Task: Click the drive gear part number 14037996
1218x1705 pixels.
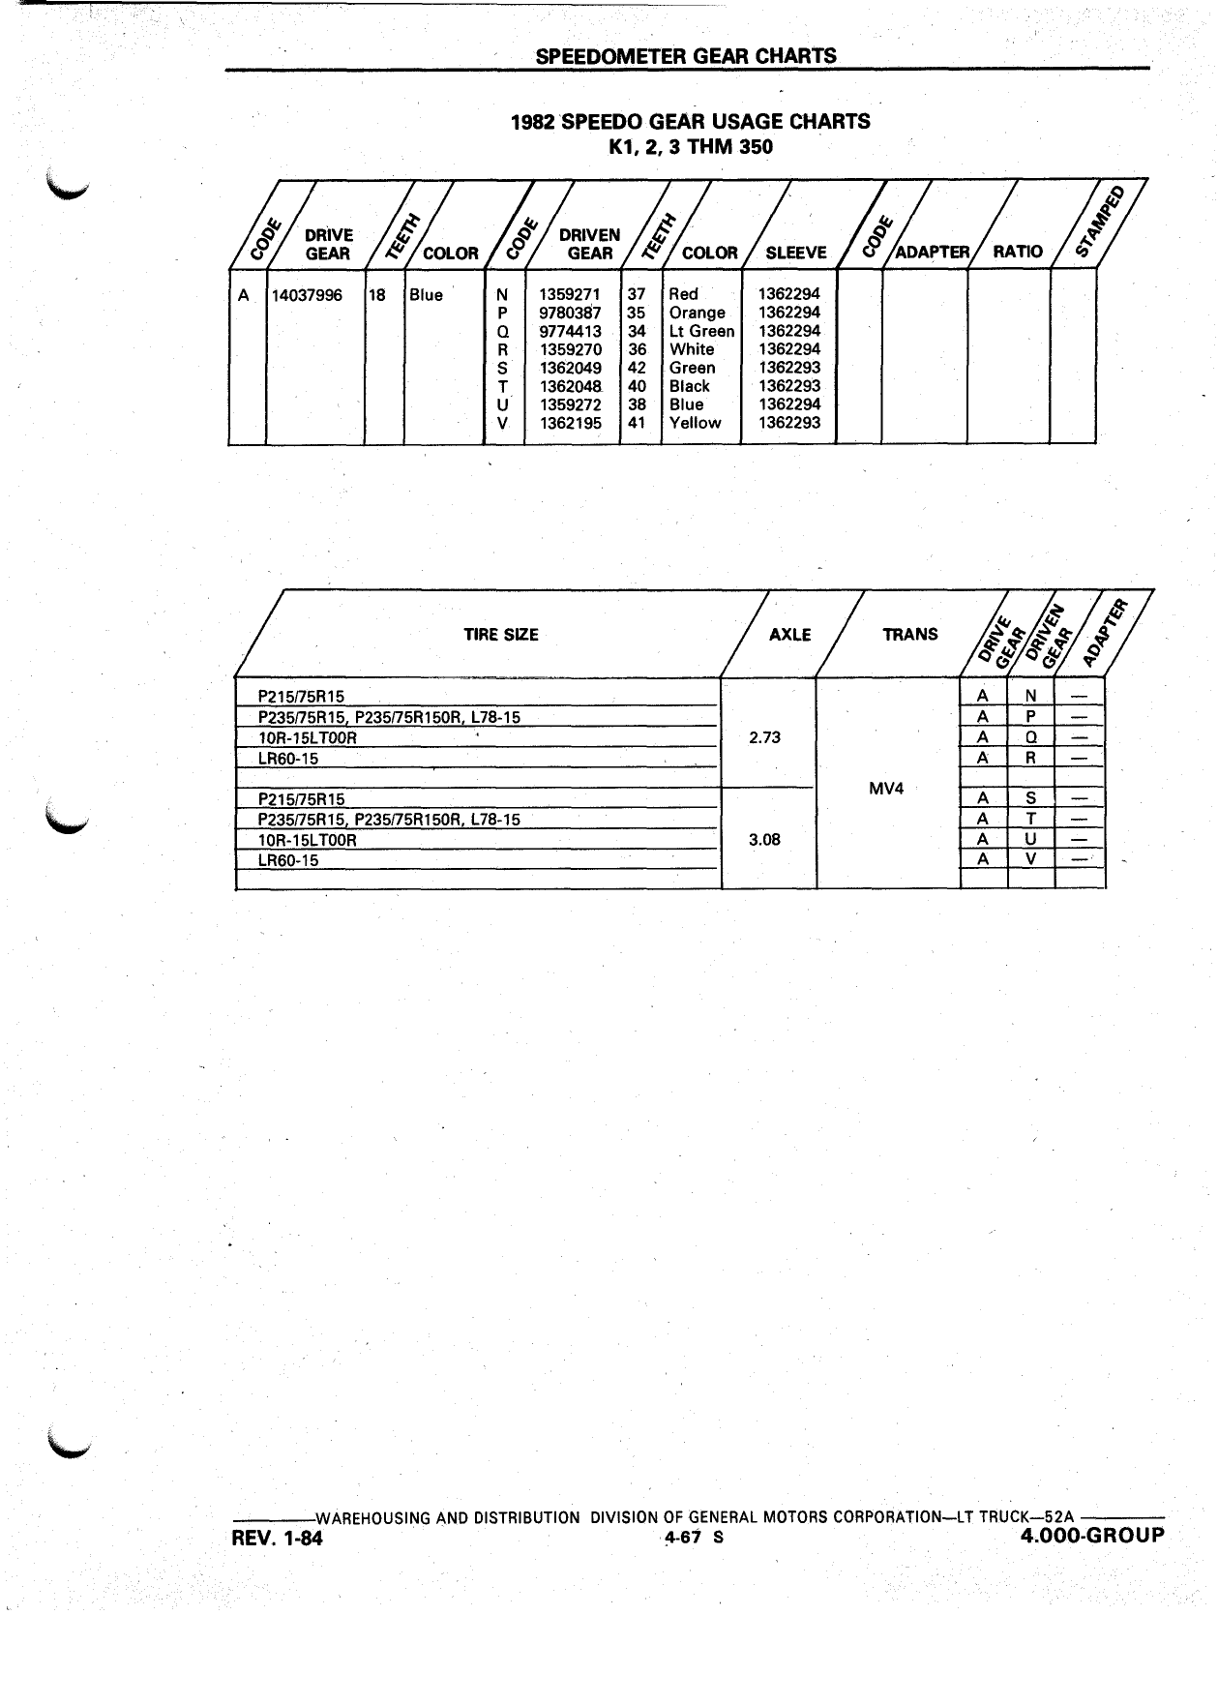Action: [307, 295]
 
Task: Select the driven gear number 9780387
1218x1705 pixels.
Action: [570, 313]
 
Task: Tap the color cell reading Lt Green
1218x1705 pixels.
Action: [701, 331]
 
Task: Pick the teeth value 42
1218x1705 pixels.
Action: [637, 368]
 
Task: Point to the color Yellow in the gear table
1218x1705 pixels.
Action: [695, 423]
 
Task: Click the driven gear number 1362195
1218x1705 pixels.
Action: [570, 423]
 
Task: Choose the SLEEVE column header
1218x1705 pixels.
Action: [796, 253]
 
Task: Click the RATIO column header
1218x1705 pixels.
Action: [1018, 252]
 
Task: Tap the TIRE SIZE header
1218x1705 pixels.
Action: [501, 635]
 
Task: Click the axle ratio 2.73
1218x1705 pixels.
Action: [764, 737]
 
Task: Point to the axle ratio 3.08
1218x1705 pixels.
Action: [764, 839]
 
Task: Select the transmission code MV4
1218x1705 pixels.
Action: [886, 788]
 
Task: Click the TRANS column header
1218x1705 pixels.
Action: [910, 635]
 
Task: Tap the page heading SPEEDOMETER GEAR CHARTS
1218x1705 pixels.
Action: [686, 56]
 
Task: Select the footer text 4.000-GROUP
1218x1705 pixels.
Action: [1092, 1536]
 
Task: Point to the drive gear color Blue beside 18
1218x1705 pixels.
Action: [426, 295]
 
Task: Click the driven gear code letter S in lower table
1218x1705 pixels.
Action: [1031, 799]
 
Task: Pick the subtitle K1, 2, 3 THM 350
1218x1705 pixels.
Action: [690, 148]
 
